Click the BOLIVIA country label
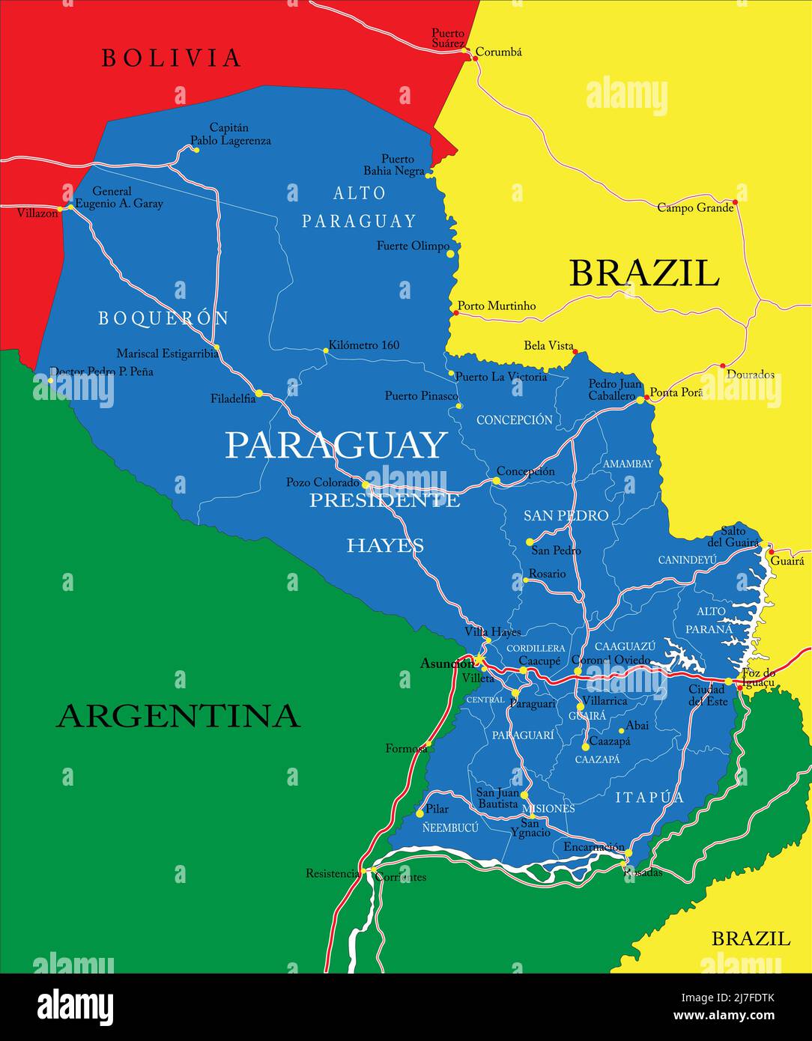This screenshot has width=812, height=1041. point(172,58)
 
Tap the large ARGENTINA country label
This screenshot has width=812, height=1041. point(178,716)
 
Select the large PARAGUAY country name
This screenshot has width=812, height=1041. point(336,446)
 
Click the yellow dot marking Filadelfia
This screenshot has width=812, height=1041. point(258,393)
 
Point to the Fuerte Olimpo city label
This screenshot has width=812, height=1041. point(413,246)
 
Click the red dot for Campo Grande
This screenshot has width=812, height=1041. point(735,201)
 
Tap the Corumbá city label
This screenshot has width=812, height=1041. point(499,52)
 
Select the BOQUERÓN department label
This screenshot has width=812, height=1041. point(163,318)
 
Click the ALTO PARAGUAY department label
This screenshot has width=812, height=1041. point(359,207)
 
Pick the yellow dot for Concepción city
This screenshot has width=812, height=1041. point(496,481)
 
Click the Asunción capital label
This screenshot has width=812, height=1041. point(446,663)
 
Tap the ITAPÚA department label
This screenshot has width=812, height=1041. point(649,798)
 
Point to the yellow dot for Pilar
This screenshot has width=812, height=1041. point(419,813)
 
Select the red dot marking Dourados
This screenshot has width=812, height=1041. point(723,366)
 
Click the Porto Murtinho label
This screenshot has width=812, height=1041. point(497,306)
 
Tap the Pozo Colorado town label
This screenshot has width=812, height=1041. point(322,483)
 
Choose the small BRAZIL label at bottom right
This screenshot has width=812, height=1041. point(750,938)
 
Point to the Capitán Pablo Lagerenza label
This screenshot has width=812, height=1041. point(231,134)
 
